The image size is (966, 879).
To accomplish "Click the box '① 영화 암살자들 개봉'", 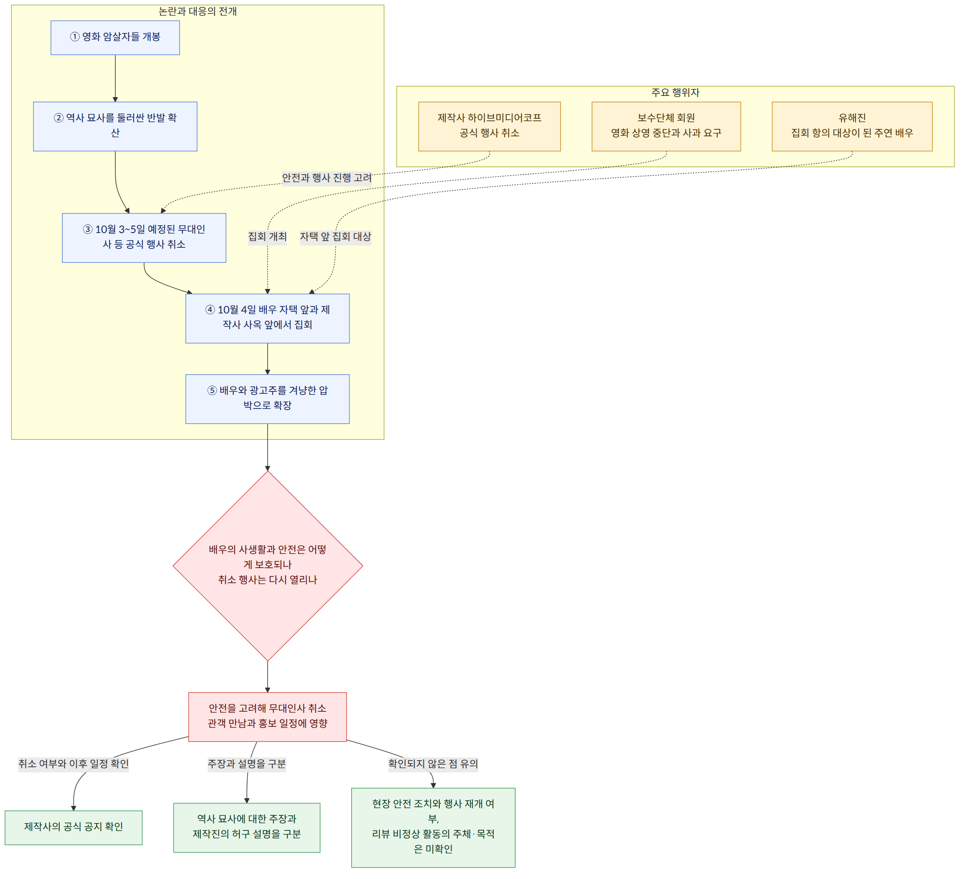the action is [x=115, y=38].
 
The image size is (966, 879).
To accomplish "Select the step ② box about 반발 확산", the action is [x=115, y=127].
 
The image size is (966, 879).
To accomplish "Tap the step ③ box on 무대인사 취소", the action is [x=144, y=238].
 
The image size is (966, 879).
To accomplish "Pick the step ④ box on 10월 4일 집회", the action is [x=267, y=318].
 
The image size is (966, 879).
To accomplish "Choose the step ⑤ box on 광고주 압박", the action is [x=267, y=399].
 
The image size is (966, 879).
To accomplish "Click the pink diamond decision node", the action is [x=267, y=566].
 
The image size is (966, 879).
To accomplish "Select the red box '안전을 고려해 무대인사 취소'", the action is [x=267, y=717].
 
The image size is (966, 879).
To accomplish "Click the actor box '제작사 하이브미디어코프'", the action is [x=489, y=127].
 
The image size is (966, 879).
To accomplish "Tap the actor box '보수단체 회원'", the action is [x=666, y=127].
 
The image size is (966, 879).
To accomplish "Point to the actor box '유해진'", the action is [x=852, y=127].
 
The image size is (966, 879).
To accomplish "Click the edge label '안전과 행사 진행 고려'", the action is [x=327, y=178].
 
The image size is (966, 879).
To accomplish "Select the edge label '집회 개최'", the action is [x=267, y=237].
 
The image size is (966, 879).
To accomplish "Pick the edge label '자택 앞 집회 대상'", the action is [x=335, y=237].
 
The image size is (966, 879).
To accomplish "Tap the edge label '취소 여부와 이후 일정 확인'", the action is [x=73, y=764].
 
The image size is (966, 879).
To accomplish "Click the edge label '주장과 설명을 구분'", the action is [x=247, y=764].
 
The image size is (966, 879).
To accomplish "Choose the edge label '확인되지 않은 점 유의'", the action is [x=433, y=764].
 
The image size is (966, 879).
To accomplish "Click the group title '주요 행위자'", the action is [x=675, y=93].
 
